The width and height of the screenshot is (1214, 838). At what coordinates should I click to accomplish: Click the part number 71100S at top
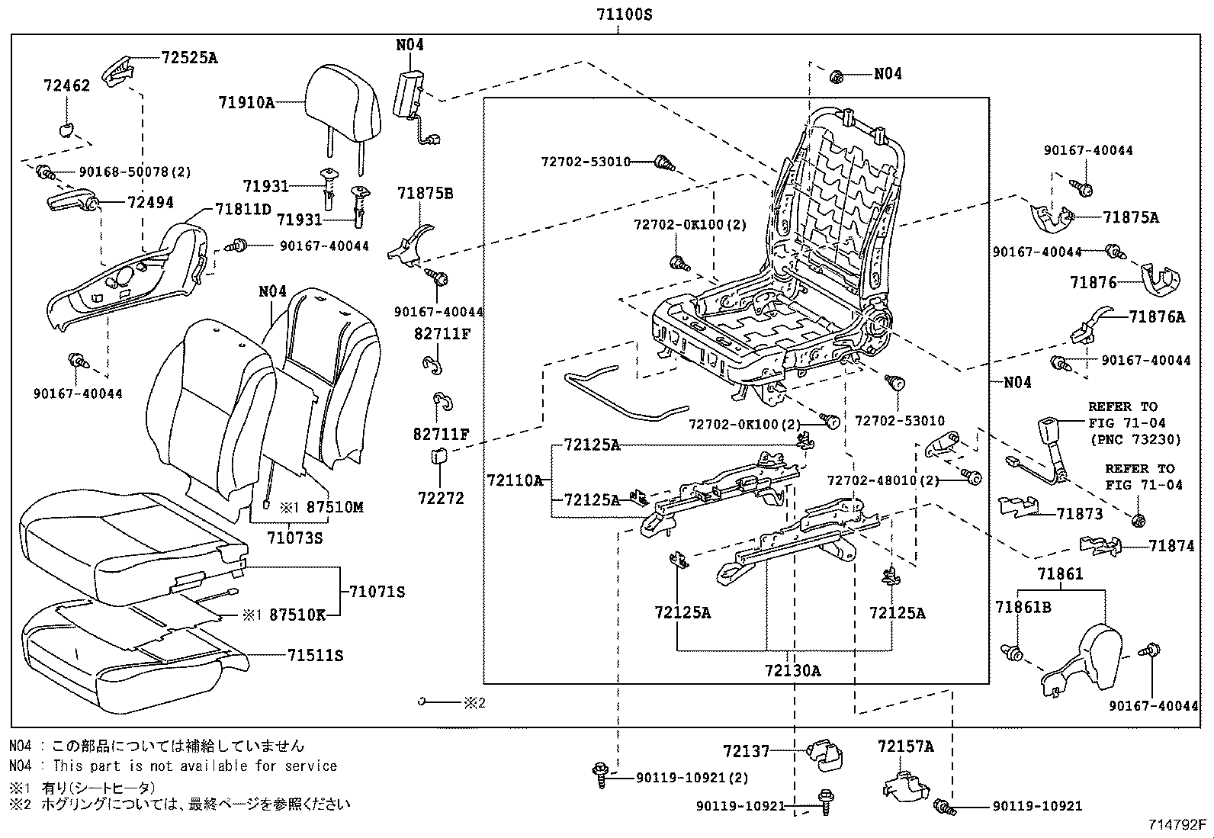pos(624,14)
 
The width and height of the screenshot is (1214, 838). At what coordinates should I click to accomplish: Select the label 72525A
pos(189,57)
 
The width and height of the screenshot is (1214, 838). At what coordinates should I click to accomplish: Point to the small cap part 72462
pos(67,129)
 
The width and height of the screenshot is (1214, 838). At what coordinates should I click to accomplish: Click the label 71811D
pos(242,209)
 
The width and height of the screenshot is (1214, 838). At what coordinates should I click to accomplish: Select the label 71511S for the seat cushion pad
pos(315,655)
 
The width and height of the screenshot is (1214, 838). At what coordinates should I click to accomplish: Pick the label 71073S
pos(295,538)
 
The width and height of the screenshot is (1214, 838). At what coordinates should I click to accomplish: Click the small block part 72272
pos(438,457)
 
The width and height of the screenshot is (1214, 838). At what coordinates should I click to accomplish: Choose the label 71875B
pos(425,194)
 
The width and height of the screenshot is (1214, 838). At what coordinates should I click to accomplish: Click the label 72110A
pos(515,480)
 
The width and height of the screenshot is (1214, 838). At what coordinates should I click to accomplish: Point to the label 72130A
pos(793,671)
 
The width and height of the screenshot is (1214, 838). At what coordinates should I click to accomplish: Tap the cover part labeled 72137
pos(826,753)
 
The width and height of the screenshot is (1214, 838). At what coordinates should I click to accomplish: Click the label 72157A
pos(905,746)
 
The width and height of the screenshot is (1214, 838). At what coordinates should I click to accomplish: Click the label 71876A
pos(1157,317)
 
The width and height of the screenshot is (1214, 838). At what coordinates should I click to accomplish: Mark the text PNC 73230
pos(1135,438)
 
